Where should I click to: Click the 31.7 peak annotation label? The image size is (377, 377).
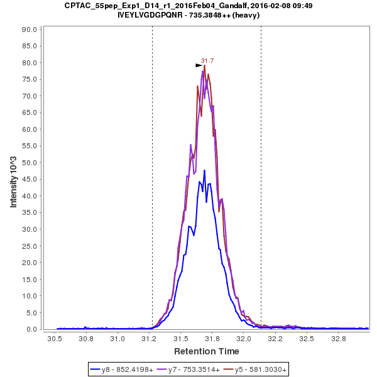[x=207, y=61]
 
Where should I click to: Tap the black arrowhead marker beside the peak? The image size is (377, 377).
[x=199, y=65]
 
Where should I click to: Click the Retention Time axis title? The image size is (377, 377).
[x=206, y=351]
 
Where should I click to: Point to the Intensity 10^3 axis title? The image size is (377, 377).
[x=13, y=178]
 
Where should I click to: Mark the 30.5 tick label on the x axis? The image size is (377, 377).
[x=55, y=338]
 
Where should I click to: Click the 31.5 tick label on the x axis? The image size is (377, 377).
[x=181, y=338]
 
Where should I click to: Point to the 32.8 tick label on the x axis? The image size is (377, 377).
[x=339, y=338]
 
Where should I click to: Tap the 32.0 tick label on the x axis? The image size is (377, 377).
[x=244, y=338]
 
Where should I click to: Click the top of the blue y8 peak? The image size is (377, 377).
[x=204, y=170]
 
